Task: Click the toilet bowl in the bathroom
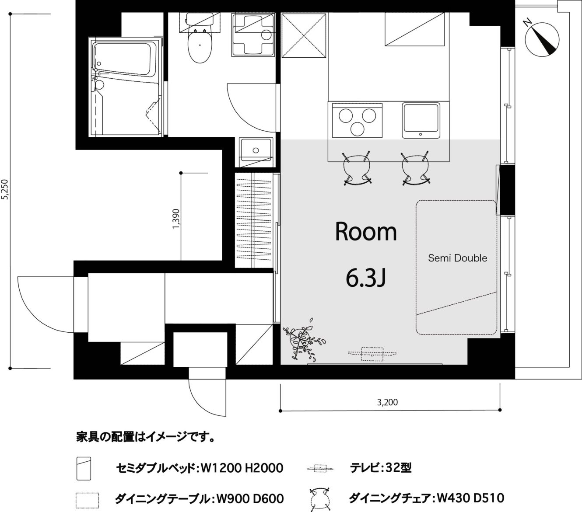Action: tap(200, 46)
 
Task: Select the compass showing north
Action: tap(542, 39)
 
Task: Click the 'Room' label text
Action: tap(366, 232)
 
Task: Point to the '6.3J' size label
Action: tap(365, 279)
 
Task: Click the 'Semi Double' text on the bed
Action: tap(457, 258)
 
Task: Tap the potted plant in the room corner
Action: tap(304, 340)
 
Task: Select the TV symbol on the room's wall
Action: tap(372, 354)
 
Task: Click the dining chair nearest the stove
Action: tap(357, 168)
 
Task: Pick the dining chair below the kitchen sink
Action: tap(416, 168)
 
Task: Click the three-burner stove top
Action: tap(357, 121)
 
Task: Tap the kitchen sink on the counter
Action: tap(421, 121)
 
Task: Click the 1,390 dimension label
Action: tap(176, 219)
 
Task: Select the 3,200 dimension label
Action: tap(387, 402)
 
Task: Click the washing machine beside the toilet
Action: tap(252, 35)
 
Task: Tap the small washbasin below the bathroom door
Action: tap(256, 152)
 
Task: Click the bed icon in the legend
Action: tap(84, 468)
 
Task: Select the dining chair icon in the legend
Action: tap(319, 499)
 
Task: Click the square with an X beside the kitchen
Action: tap(304, 35)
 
